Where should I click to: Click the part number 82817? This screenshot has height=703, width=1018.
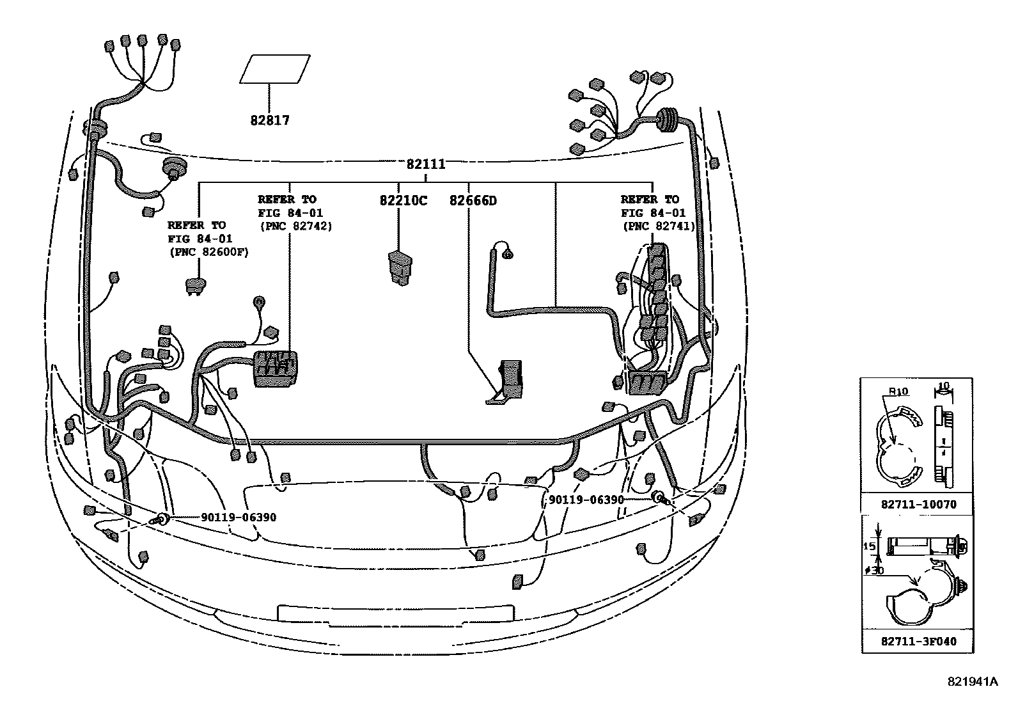click(x=270, y=120)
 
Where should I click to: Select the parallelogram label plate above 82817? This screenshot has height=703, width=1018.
click(x=275, y=69)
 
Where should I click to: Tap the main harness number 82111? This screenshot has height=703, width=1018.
click(x=426, y=164)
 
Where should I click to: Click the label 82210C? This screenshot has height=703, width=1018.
click(x=403, y=201)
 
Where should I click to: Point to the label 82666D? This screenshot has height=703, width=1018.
click(x=473, y=201)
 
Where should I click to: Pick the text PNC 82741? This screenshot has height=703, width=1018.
click(x=659, y=226)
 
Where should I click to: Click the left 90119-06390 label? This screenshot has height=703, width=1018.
click(x=239, y=517)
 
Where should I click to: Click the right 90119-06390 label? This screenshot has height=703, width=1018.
click(x=586, y=500)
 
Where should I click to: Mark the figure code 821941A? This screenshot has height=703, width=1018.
click(x=973, y=683)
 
